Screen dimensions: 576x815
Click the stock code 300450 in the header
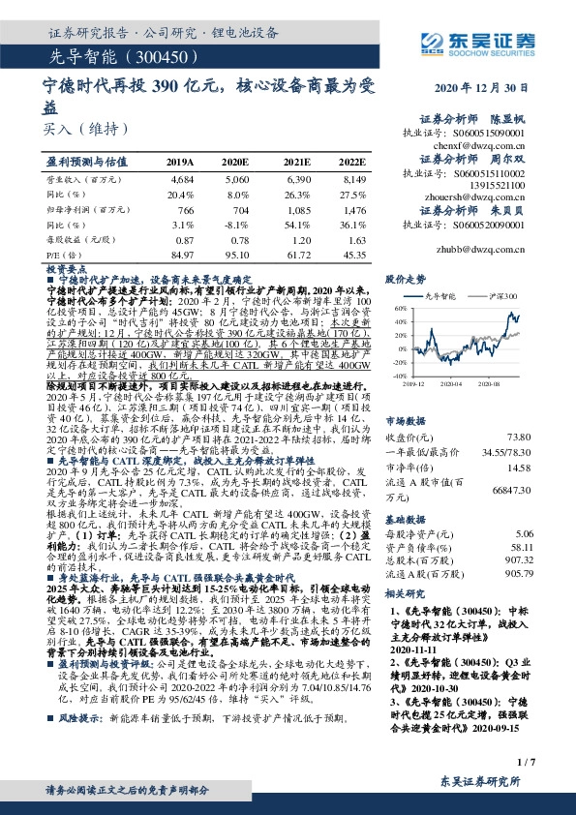click(164, 57)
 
